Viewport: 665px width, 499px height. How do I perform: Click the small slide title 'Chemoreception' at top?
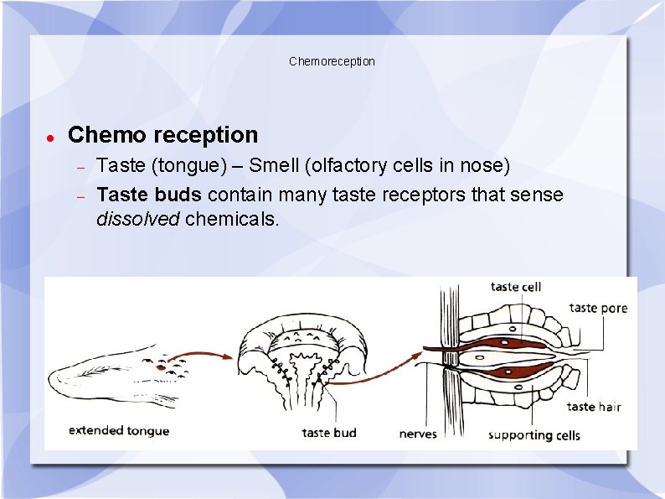click(332, 61)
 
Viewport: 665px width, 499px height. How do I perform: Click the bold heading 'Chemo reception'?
click(162, 134)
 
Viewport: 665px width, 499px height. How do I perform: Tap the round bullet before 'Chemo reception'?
click(50, 136)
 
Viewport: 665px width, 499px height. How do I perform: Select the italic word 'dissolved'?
click(138, 220)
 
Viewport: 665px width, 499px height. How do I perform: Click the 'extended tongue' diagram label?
click(118, 431)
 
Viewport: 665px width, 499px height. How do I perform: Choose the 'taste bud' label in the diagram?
click(328, 433)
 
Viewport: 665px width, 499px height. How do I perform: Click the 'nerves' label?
click(418, 434)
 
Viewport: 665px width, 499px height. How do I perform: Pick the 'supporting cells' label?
click(534, 434)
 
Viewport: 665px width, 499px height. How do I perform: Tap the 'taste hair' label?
click(594, 407)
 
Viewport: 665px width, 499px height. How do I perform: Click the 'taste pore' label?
click(597, 308)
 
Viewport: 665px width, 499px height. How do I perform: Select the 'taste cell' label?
click(516, 287)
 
